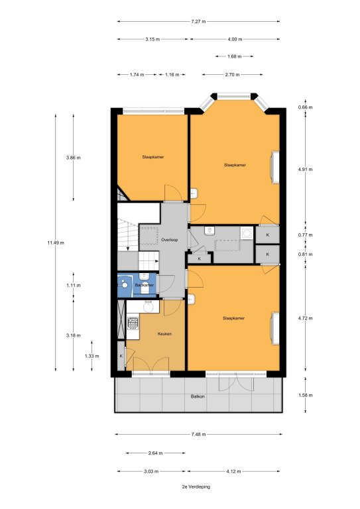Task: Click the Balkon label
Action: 198,396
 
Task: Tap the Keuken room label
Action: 164,334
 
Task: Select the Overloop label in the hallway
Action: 170,240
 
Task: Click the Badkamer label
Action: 145,285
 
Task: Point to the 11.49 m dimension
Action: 56,243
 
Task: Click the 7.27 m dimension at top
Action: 198,22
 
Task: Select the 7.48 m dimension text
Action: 198,434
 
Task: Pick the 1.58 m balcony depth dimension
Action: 305,395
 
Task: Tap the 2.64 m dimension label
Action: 156,453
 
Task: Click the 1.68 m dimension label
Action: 235,56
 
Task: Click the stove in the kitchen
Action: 133,323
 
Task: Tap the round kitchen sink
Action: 149,306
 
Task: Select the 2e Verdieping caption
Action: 196,486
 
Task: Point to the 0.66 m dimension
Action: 305,107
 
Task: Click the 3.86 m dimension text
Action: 73,158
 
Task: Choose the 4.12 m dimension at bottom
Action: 234,471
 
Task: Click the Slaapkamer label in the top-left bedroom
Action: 153,157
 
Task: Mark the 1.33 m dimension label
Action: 92,356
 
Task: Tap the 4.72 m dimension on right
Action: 305,318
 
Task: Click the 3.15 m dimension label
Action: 152,39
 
